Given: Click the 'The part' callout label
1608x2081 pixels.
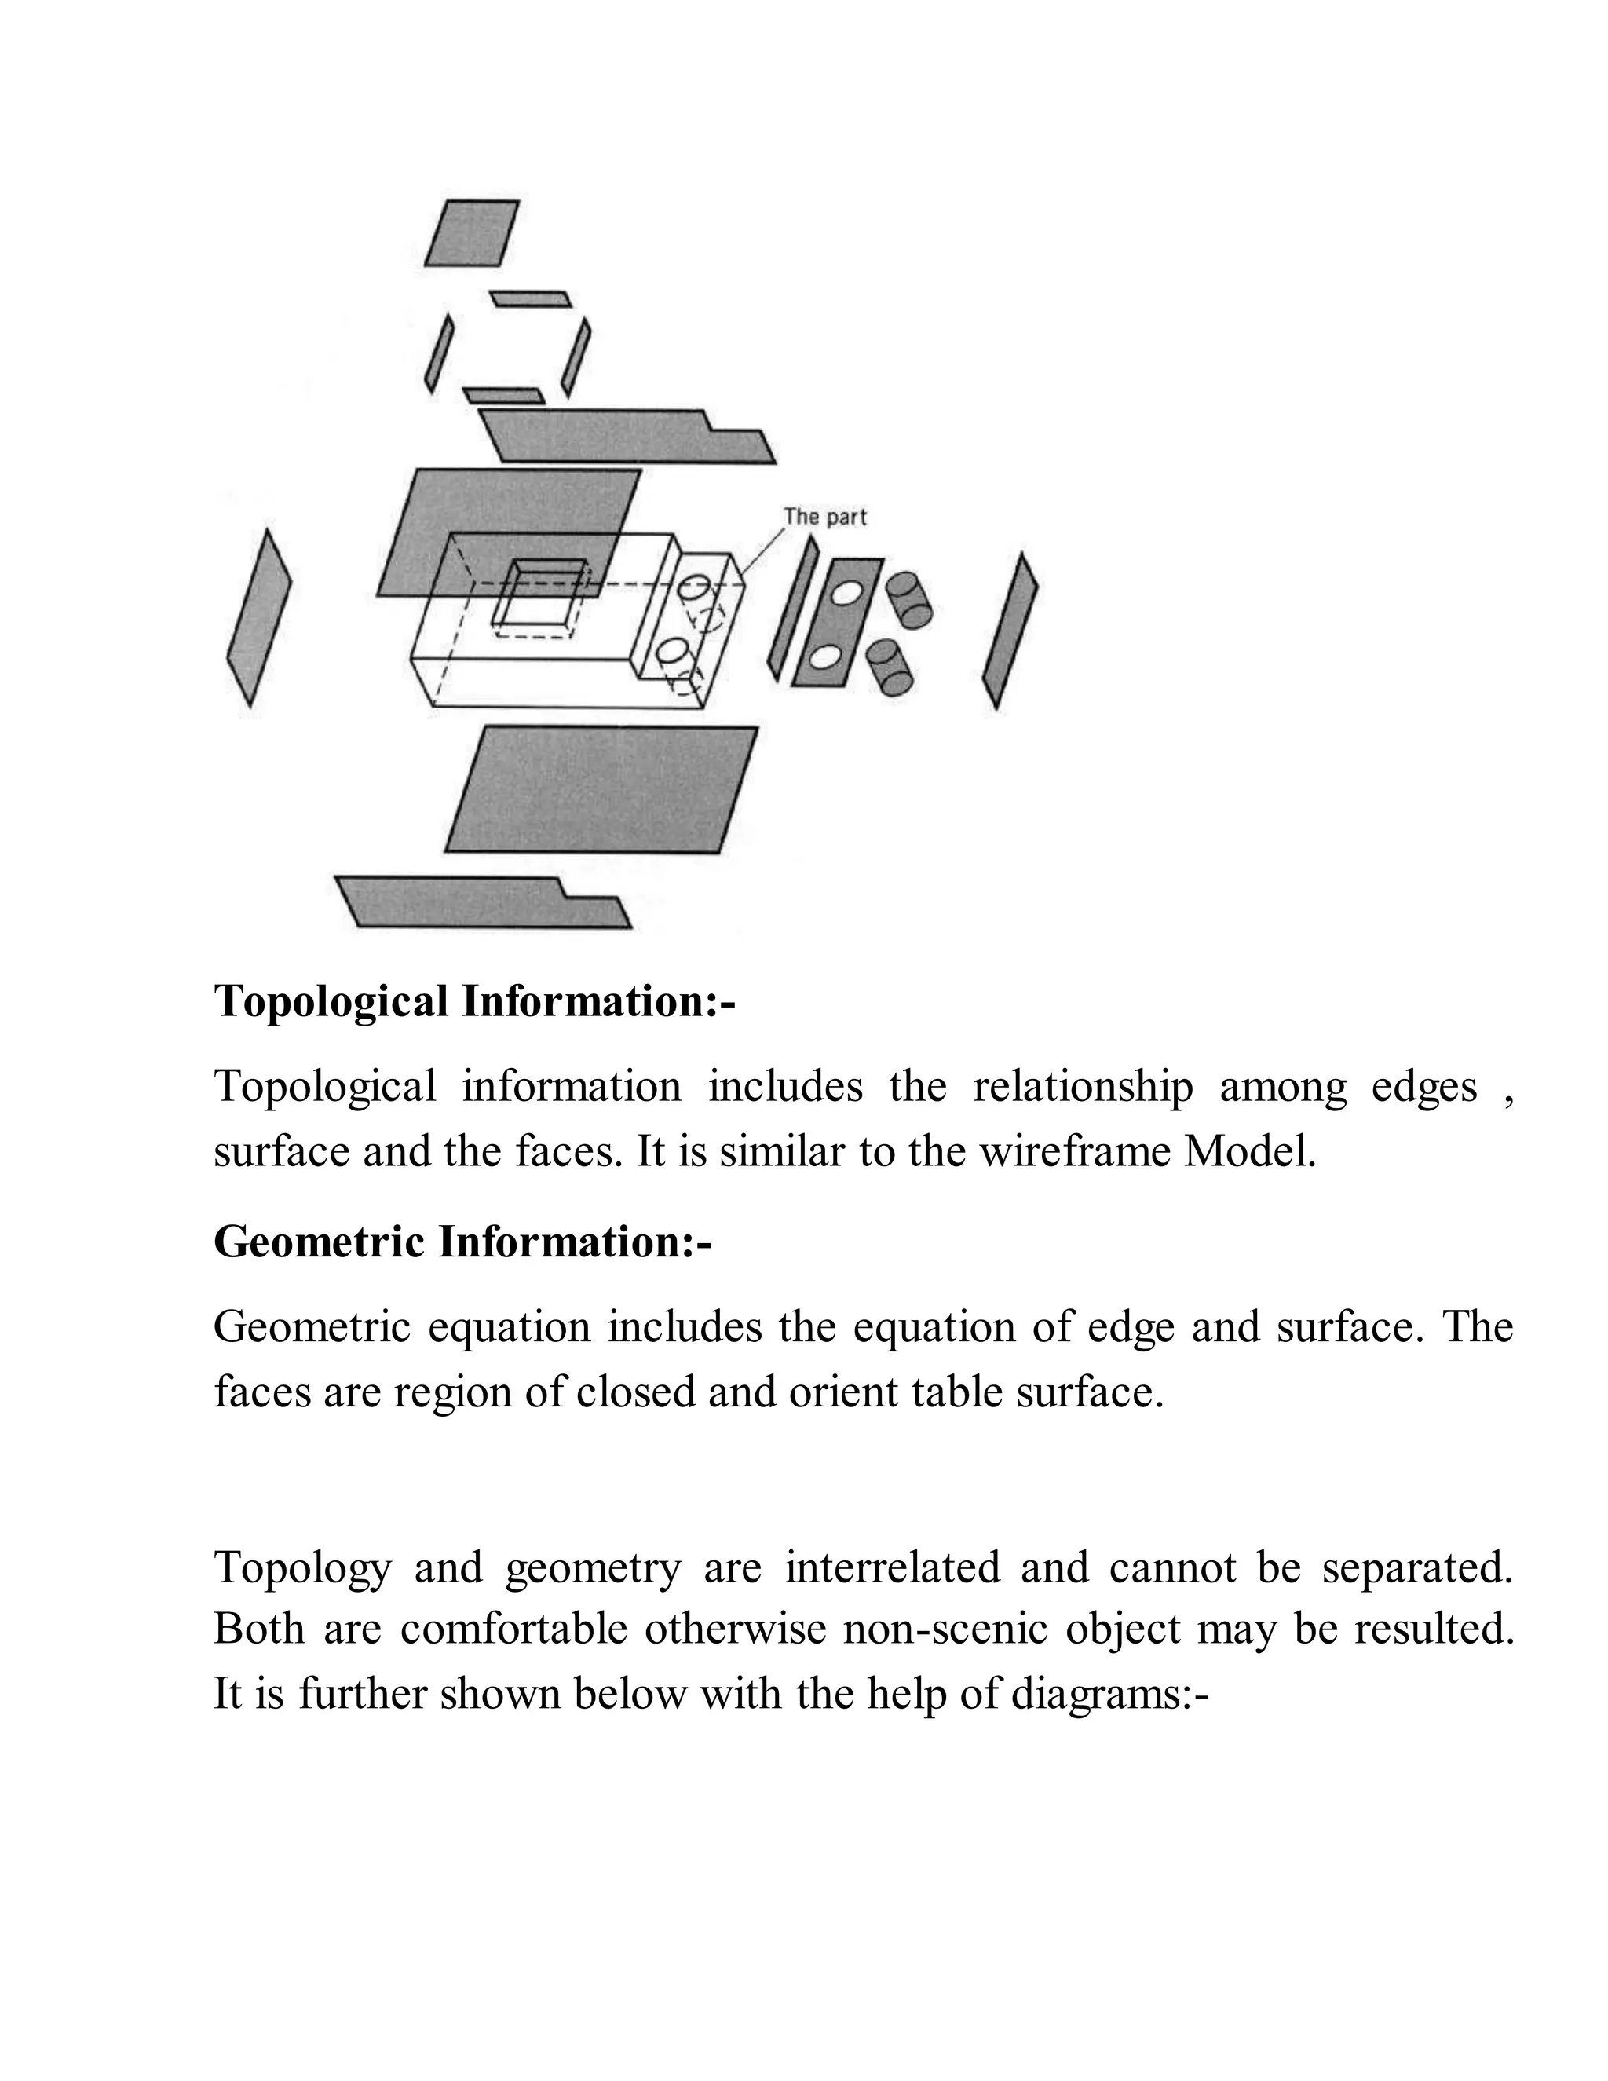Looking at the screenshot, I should [825, 517].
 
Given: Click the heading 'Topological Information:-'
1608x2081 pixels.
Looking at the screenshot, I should [474, 1001].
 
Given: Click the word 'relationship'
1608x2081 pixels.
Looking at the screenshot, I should [1082, 1086].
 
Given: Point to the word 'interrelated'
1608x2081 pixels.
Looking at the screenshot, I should [893, 1567].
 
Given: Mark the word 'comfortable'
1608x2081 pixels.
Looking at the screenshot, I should [513, 1629].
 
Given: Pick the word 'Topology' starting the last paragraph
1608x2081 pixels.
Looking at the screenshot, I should [302, 1569].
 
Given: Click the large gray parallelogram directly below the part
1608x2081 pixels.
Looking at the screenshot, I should [601, 789].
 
